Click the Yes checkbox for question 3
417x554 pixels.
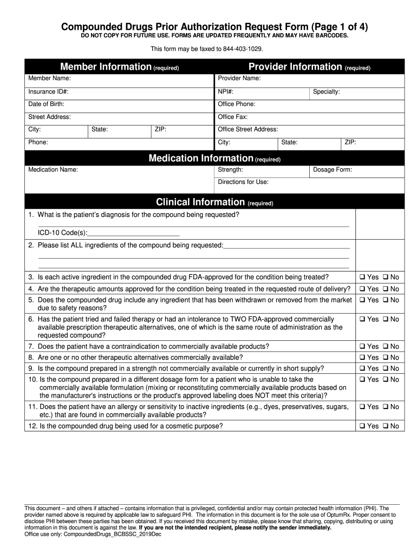[x=361, y=277]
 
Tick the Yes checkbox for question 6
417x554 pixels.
[x=361, y=319]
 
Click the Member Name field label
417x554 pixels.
[x=49, y=79]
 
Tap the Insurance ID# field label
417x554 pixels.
[x=48, y=92]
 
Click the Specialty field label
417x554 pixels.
[x=327, y=92]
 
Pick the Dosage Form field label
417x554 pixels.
[x=333, y=170]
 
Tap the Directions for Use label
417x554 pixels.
[x=243, y=182]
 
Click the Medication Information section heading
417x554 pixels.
[x=201, y=159]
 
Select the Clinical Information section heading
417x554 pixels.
[x=200, y=202]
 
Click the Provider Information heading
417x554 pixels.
[x=295, y=67]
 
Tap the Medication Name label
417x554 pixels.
[x=53, y=170]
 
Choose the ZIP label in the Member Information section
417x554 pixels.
[x=160, y=130]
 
